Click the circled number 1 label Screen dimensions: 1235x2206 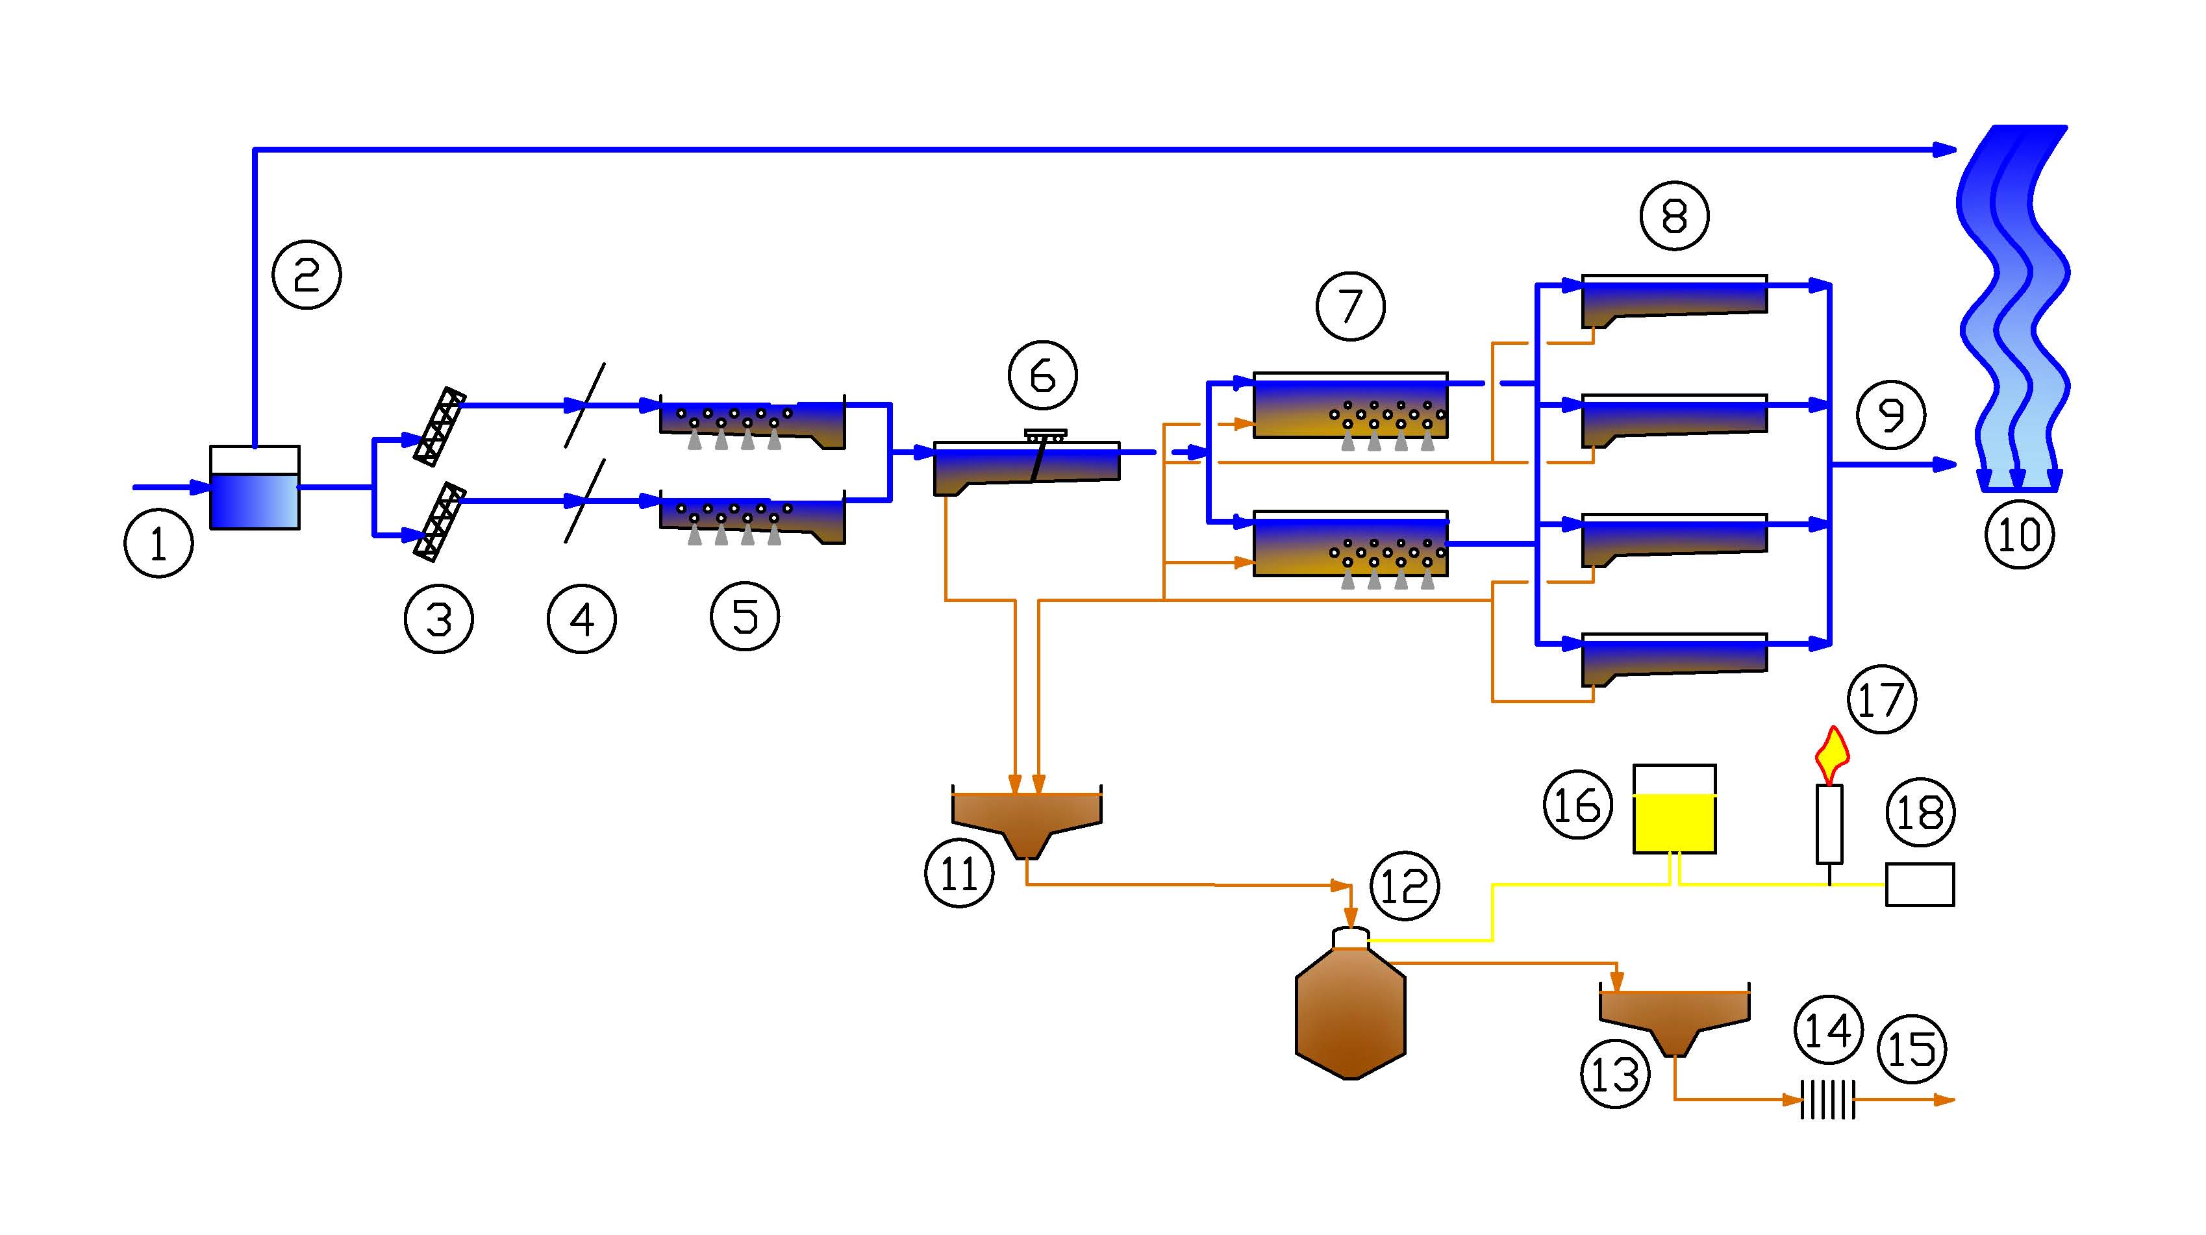[x=158, y=543]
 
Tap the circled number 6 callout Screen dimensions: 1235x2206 [x=1042, y=375]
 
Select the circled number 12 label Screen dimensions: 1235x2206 [x=1405, y=886]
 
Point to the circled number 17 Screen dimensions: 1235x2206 [x=1881, y=699]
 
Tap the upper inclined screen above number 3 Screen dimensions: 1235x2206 [x=439, y=427]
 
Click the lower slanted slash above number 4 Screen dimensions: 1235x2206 [x=585, y=501]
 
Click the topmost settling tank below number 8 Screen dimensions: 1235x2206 [x=1674, y=300]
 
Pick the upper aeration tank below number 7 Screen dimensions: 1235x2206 [x=1351, y=406]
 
